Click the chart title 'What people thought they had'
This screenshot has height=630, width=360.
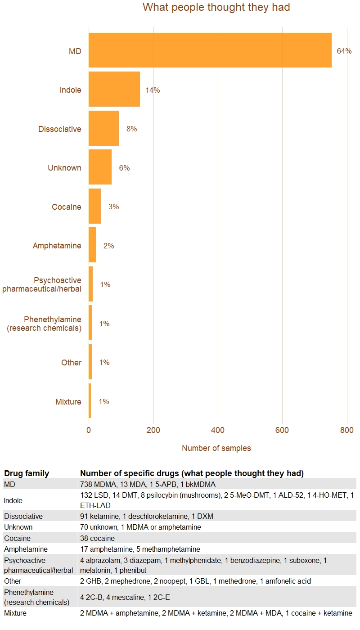click(216, 8)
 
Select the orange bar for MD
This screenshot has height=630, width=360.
click(210, 50)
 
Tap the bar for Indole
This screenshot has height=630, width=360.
click(114, 89)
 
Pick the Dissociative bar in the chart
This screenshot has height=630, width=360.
click(103, 128)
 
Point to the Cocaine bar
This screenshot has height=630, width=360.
click(94, 206)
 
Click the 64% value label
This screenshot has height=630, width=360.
click(344, 51)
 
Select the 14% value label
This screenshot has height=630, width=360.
click(153, 90)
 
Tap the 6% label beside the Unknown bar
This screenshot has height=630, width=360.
click(124, 168)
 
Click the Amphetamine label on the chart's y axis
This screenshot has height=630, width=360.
click(57, 246)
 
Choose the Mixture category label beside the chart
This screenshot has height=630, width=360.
click(68, 402)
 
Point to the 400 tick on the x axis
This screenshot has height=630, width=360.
click(218, 430)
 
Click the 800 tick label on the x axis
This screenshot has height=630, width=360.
click(347, 430)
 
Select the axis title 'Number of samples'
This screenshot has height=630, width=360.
click(216, 448)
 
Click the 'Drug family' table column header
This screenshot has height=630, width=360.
click(27, 473)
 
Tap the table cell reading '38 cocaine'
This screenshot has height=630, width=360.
click(97, 538)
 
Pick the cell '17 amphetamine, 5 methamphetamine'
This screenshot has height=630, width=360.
click(140, 549)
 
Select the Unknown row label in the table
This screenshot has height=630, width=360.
click(18, 527)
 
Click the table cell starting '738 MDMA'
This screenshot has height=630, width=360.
click(148, 484)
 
